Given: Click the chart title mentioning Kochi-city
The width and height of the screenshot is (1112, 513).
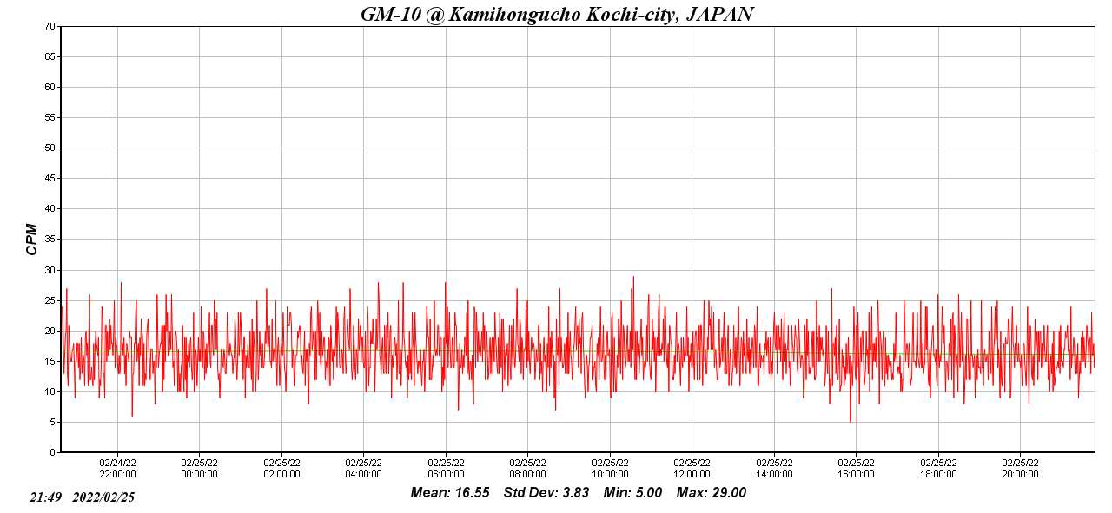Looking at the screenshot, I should point(556,14).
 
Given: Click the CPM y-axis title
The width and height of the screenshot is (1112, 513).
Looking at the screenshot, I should point(32,238).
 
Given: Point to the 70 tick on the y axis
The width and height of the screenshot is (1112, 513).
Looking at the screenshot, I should point(50,26).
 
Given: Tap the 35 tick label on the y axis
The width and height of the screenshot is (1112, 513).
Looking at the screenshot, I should point(50,239).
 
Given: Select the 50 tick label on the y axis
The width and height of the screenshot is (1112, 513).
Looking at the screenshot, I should point(50,148).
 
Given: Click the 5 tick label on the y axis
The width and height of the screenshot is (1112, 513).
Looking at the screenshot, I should point(52,422).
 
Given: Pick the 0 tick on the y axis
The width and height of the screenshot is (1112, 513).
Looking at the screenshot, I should point(52,452).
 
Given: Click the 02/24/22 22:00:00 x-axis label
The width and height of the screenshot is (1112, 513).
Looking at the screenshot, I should point(117,469).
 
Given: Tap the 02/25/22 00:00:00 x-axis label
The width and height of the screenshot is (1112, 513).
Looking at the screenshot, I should point(199,469).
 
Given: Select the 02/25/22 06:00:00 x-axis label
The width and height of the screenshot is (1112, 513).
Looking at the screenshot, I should point(446,469).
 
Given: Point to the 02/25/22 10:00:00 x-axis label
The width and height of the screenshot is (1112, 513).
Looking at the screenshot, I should point(610,469).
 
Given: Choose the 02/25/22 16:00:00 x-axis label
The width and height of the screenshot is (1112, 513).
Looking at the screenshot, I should point(856,469).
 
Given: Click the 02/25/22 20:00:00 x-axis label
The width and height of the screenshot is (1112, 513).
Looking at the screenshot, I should point(1020,469).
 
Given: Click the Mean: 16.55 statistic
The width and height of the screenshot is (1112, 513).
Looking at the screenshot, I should point(450,493).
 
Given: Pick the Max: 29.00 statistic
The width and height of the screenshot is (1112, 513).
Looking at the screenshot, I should point(712,493).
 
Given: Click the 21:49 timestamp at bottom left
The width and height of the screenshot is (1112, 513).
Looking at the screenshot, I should point(45,497).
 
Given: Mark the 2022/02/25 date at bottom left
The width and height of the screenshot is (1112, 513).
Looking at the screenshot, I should point(103,497).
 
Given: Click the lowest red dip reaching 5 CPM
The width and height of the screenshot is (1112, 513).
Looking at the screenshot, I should point(851,421).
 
